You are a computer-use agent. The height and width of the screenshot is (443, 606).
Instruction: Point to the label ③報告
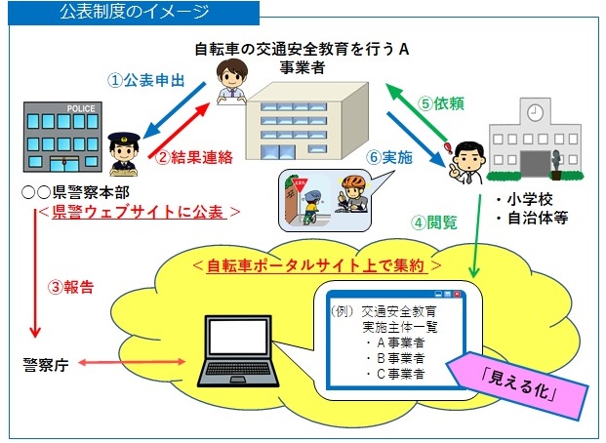(x=70, y=287)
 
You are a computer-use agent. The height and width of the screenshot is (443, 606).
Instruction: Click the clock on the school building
(x=535, y=113)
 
